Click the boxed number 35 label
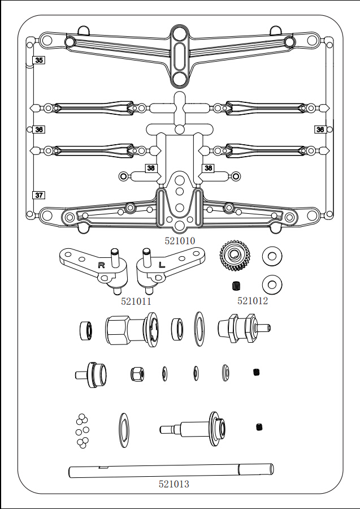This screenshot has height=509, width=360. pyautogui.click(x=39, y=60)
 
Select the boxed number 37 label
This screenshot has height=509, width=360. pyautogui.click(x=39, y=195)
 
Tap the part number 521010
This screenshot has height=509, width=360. pyautogui.click(x=180, y=241)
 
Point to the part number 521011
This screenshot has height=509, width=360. pyautogui.click(x=136, y=301)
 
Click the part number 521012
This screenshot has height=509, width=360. pyautogui.click(x=253, y=301)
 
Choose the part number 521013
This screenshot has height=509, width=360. pyautogui.click(x=174, y=484)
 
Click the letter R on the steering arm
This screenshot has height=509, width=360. pyautogui.click(x=102, y=265)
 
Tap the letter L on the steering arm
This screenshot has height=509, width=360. pyautogui.click(x=162, y=265)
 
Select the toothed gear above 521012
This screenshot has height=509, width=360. pyautogui.click(x=233, y=256)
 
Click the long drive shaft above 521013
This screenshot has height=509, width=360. pyautogui.click(x=171, y=471)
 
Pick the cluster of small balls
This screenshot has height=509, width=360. pyautogui.click(x=83, y=431)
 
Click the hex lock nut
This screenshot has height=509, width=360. pyautogui.click(x=137, y=374)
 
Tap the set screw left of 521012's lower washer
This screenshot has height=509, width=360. pyautogui.click(x=237, y=286)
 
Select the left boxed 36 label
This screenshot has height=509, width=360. pyautogui.click(x=39, y=130)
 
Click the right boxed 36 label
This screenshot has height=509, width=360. pyautogui.click(x=320, y=130)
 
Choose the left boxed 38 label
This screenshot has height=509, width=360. pyautogui.click(x=151, y=168)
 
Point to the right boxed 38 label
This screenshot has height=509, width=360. pyautogui.click(x=208, y=168)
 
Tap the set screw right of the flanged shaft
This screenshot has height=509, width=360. pyautogui.click(x=259, y=427)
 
